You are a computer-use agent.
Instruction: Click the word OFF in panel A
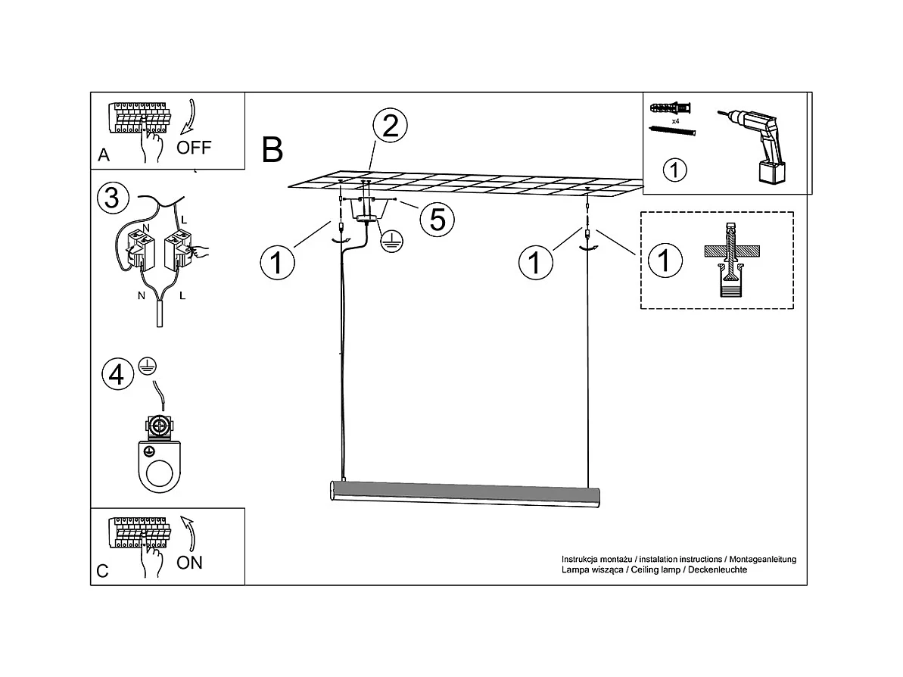click(x=194, y=148)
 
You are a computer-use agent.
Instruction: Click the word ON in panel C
click(x=189, y=563)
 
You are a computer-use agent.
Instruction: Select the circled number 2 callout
click(x=390, y=126)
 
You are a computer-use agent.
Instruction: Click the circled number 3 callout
click(x=113, y=198)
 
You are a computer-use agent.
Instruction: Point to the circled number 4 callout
click(x=117, y=375)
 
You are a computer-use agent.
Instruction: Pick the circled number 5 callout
click(x=437, y=220)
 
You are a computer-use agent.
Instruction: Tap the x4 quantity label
click(x=675, y=122)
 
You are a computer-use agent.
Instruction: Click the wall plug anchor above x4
click(x=671, y=108)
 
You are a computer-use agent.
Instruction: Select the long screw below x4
click(x=672, y=131)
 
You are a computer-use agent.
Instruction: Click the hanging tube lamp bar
click(x=465, y=494)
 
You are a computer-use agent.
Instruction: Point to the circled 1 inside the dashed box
click(x=665, y=260)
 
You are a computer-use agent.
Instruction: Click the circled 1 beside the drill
click(x=675, y=170)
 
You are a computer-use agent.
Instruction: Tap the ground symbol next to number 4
click(x=148, y=366)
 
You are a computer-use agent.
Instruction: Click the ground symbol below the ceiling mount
click(x=392, y=242)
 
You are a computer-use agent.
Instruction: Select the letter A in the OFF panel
click(x=104, y=155)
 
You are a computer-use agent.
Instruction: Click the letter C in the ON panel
click(x=102, y=571)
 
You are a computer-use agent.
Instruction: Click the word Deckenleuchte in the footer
click(x=718, y=569)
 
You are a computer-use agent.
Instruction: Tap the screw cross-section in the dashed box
click(x=731, y=260)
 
